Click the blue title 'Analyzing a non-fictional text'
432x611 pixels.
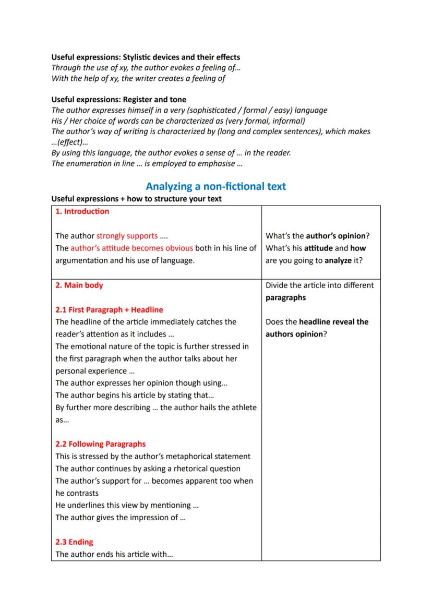pos(215,186)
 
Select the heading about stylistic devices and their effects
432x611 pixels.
pos(146,57)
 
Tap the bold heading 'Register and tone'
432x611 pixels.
pos(118,99)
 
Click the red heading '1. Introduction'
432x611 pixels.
pos(82,211)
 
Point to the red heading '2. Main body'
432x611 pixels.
pos(79,285)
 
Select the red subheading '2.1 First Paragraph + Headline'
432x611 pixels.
pos(109,309)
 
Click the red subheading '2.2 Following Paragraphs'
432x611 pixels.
pos(101,444)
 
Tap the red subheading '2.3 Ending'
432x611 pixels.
pos(74,542)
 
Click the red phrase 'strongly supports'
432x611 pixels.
pos(127,236)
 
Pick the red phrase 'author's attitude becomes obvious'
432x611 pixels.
pos(131,248)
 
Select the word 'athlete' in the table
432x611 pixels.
pos(243,407)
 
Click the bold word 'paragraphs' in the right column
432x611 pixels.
pos(285,297)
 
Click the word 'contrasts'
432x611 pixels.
pos(77,493)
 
